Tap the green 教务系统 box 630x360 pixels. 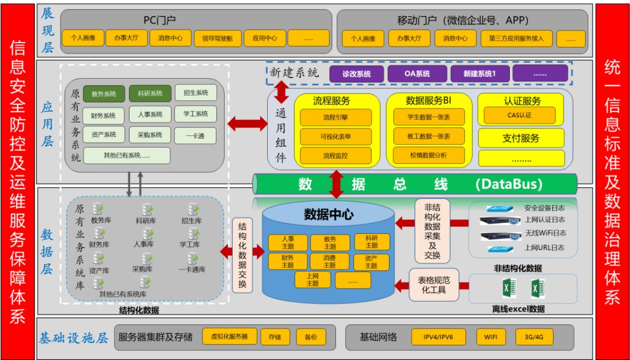[x=104, y=94]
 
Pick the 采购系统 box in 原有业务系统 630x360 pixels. [x=150, y=135]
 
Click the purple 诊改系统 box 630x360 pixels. [x=357, y=74]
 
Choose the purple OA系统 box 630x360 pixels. [x=417, y=74]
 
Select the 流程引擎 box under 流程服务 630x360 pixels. [x=335, y=117]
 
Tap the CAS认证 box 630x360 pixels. [x=520, y=115]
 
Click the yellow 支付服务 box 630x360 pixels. [x=521, y=138]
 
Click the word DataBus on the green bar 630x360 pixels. [x=509, y=184]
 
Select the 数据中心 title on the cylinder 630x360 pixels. [x=328, y=214]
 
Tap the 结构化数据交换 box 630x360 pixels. [x=243, y=255]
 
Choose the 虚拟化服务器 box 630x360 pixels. [x=229, y=337]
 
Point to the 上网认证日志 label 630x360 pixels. [x=544, y=220]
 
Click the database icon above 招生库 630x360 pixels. [x=193, y=209]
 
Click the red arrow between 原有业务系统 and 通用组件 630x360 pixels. [x=247, y=124]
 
